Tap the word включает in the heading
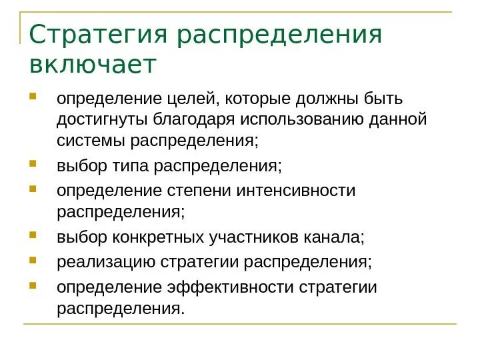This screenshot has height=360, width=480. [x=93, y=65]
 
